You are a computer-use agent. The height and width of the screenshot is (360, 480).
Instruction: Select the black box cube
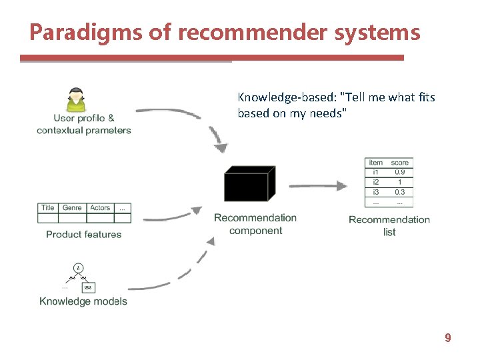point(249,183)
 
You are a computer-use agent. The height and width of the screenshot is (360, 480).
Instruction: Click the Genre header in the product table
point(72,208)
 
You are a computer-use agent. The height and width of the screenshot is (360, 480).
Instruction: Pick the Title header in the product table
point(48,208)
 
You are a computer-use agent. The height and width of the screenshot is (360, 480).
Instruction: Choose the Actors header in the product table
point(100,208)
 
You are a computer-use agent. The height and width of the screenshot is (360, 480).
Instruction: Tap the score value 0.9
point(400,172)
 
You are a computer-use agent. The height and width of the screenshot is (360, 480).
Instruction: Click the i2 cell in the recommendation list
point(376,182)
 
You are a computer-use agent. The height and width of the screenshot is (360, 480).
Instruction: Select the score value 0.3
point(400,192)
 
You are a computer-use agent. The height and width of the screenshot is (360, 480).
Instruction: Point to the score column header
point(400,163)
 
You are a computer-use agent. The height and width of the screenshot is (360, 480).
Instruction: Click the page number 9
point(448,339)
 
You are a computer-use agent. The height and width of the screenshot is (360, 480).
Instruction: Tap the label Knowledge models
point(83,301)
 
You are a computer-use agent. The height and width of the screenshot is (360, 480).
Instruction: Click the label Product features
point(84,235)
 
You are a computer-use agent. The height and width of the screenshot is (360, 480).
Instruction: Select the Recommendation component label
point(255,224)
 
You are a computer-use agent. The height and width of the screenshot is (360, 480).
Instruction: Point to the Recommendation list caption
point(389,225)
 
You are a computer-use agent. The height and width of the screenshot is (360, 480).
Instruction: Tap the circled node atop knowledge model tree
point(78,268)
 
